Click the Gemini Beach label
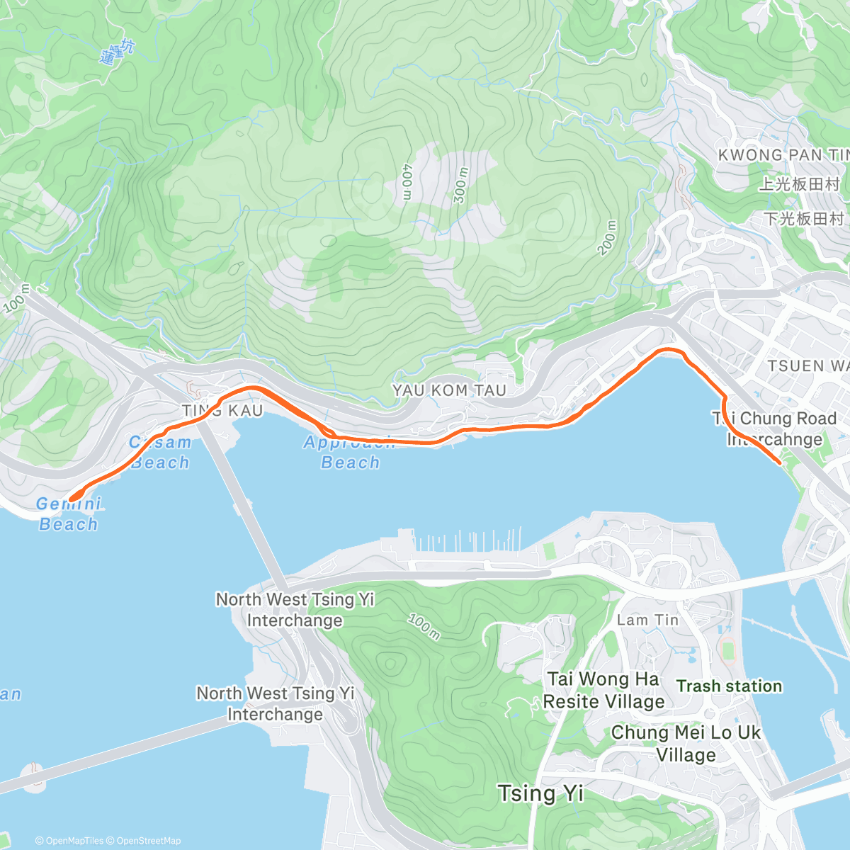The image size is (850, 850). pyautogui.click(x=69, y=514)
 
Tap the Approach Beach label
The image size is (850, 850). pyautogui.click(x=350, y=453)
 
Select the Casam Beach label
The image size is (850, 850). pyautogui.click(x=160, y=453)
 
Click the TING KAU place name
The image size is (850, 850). pyautogui.click(x=222, y=411)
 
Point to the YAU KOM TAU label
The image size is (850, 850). pyautogui.click(x=449, y=390)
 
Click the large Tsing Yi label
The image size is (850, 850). pyautogui.click(x=540, y=793)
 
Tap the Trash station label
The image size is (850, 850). pyautogui.click(x=729, y=686)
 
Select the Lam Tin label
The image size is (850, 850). pyautogui.click(x=647, y=620)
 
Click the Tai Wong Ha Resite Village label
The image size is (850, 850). pyautogui.click(x=603, y=690)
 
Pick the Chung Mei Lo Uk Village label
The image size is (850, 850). pyautogui.click(x=685, y=743)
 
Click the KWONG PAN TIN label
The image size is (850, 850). pyautogui.click(x=783, y=155)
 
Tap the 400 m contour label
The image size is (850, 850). pyautogui.click(x=407, y=182)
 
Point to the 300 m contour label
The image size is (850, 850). pyautogui.click(x=461, y=186)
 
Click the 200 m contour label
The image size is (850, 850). pyautogui.click(x=608, y=237)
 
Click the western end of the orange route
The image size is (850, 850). pyautogui.click(x=70, y=500)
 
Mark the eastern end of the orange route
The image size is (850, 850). pyautogui.click(x=780, y=463)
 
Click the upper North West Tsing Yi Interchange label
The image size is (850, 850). pyautogui.click(x=295, y=610)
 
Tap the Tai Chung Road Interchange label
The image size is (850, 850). pyautogui.click(x=775, y=429)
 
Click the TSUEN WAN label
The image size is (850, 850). pyautogui.click(x=807, y=366)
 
